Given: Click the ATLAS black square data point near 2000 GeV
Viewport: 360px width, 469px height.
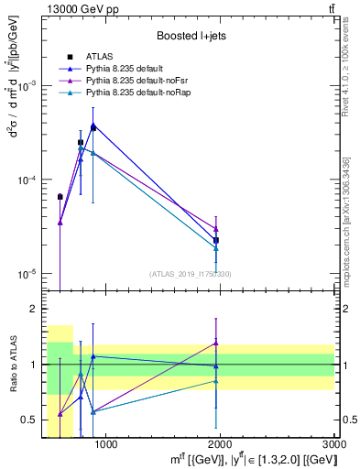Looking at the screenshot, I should (216, 240).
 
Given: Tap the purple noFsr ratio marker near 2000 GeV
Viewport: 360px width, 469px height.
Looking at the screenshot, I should (216, 343).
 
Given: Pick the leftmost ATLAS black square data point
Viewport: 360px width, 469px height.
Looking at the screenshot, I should (60, 197).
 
